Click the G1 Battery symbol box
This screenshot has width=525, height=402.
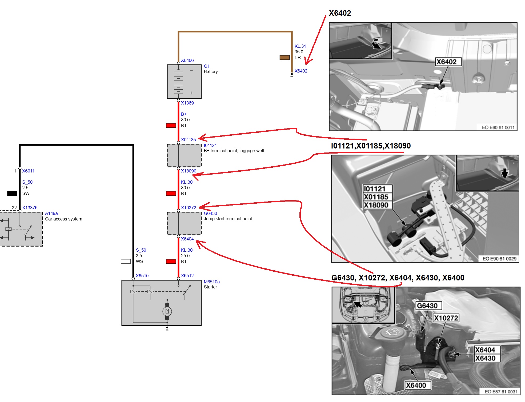coord(184,82)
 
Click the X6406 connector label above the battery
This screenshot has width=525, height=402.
coord(187,60)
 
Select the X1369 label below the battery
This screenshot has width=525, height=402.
coord(187,103)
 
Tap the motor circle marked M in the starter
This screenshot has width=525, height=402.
coord(167,311)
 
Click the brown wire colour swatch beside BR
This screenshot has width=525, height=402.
coord(284,57)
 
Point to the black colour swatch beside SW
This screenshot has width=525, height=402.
coord(12,193)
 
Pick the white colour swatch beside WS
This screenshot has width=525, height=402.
coord(126,261)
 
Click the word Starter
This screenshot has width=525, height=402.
coord(210,287)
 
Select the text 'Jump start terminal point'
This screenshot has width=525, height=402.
coord(228,219)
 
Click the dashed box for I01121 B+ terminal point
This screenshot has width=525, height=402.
coord(184,155)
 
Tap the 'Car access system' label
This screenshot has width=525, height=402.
coord(63,219)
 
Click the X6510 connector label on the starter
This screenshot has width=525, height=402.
coord(142,276)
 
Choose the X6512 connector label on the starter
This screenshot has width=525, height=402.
coord(187,276)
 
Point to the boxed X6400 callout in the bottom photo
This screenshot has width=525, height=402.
coord(416,385)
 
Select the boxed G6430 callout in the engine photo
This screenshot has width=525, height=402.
coord(427,306)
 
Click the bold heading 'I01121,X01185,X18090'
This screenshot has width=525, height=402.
coord(371,146)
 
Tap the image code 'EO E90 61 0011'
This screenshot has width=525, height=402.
coord(498,127)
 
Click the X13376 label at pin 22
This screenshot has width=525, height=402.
coord(30,208)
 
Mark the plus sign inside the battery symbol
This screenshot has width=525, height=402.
coord(191,93)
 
